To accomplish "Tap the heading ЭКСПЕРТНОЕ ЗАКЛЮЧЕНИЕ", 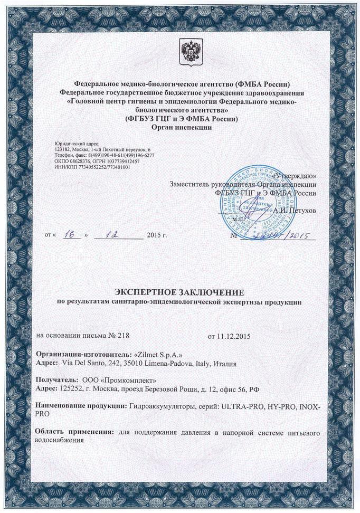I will [x=180, y=292].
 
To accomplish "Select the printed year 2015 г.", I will [x=157, y=234].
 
